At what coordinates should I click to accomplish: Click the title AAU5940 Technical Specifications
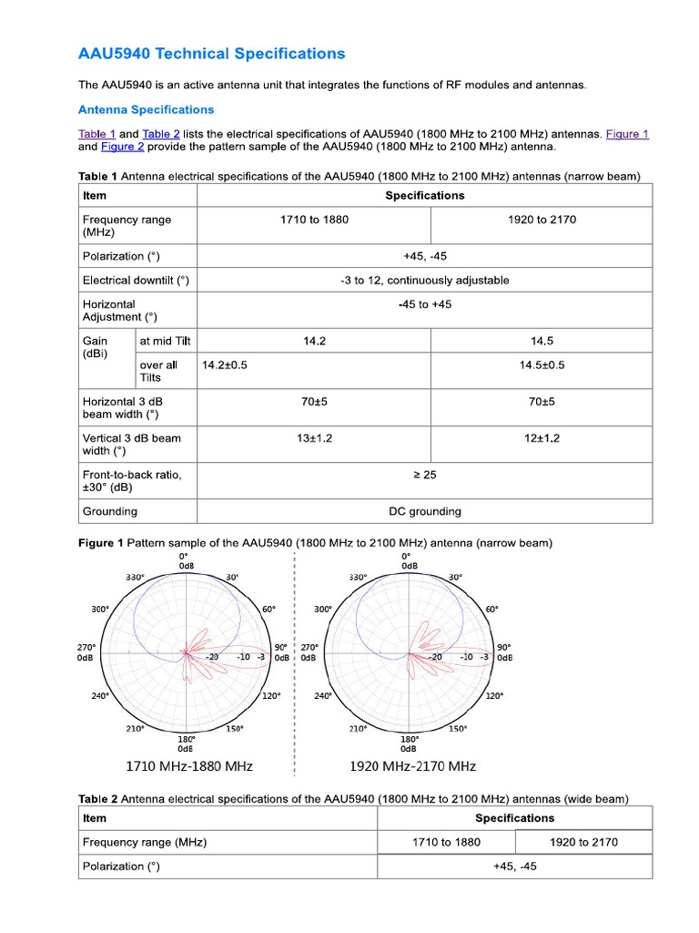pos(211,54)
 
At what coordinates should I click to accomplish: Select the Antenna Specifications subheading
pos(146,110)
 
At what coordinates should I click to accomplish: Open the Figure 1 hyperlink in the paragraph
pos(627,134)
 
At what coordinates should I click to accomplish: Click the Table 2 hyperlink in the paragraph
pos(161,134)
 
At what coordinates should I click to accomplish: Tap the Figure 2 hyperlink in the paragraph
pos(122,147)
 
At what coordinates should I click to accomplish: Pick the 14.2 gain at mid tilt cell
pos(314,341)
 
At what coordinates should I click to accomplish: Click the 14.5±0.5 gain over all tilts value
pos(542,364)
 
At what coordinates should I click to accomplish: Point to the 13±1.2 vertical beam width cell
pos(314,438)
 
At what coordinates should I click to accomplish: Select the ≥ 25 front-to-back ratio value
pos(424,475)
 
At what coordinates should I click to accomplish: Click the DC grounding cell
pos(424,511)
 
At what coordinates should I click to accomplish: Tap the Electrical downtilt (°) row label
pos(136,281)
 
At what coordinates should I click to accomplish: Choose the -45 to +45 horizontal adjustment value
pos(424,304)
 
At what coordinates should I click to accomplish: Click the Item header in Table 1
pos(95,195)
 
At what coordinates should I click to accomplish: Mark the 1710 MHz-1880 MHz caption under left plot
pos(188,765)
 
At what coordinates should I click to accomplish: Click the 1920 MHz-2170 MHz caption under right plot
pos(413,765)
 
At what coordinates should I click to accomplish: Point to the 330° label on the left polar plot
pos(137,577)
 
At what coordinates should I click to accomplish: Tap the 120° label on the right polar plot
pos(494,695)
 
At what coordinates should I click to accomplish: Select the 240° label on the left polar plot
pos(99,695)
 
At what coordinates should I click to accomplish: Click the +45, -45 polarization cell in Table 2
pos(514,866)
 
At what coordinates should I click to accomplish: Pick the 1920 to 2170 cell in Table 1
pos(542,220)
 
